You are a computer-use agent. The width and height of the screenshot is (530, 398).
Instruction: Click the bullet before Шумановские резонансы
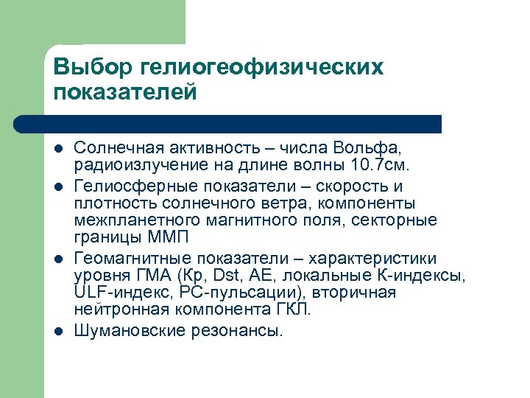point(58,331)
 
